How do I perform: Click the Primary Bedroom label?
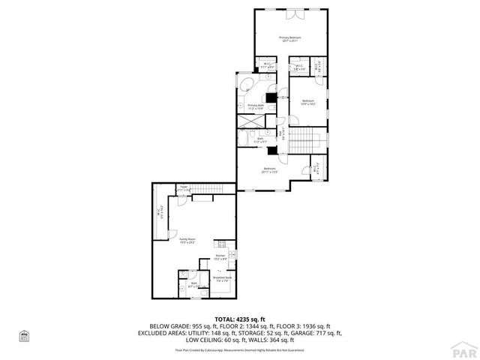click(290, 39)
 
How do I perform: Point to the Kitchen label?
click(220, 257)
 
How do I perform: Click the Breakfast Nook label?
click(221, 278)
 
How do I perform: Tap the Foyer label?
click(184, 189)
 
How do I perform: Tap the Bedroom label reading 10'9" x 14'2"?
click(309, 102)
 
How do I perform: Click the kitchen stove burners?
click(220, 244)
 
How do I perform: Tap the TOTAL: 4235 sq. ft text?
click(240, 319)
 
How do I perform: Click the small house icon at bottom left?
click(23, 335)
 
